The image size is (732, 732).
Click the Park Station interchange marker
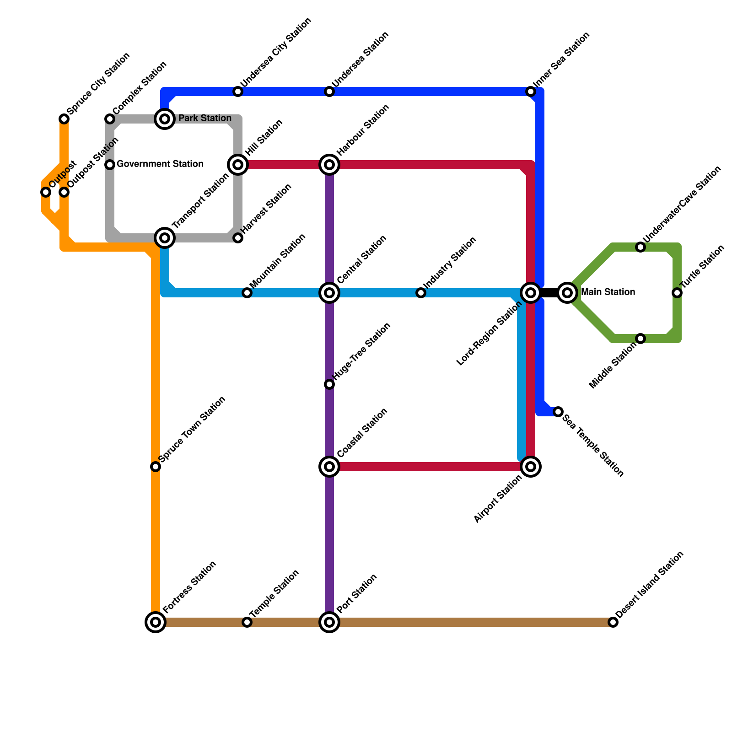tap(165, 119)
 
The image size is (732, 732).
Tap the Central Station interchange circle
tap(329, 293)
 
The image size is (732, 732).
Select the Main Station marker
tap(567, 293)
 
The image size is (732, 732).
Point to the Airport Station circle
tap(531, 467)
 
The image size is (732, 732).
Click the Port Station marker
tap(329, 622)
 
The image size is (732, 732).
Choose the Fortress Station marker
tap(156, 622)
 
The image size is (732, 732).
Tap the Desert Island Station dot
tap(613, 622)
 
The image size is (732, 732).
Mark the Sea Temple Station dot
tap(558, 412)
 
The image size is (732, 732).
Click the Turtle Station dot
tap(677, 293)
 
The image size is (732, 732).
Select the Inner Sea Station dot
tap(531, 91)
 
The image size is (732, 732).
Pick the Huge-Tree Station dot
tap(329, 384)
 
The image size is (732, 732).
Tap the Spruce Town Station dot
tap(156, 467)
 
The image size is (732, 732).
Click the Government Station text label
tap(160, 164)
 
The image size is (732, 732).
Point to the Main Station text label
tap(608, 292)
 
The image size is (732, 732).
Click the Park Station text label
tap(205, 118)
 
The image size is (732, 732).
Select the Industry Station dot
tap(421, 293)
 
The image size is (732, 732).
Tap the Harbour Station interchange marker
tap(329, 165)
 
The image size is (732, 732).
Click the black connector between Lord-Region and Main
tap(549, 293)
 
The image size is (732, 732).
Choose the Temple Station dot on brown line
tap(247, 622)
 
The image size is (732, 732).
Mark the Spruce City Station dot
tap(64, 119)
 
